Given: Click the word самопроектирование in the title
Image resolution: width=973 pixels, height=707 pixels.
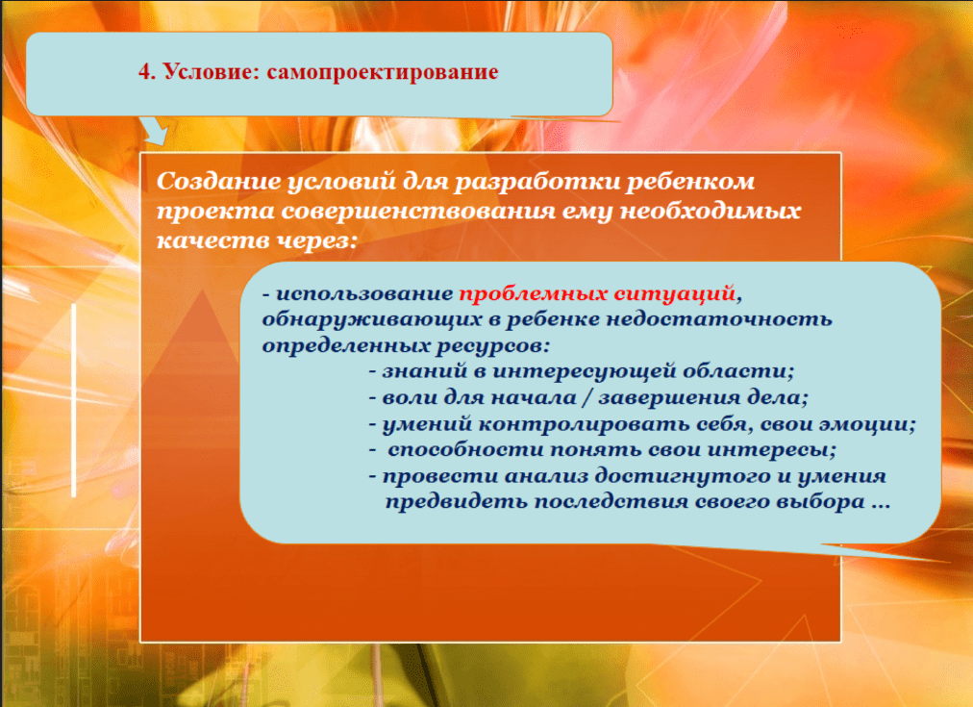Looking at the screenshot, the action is pos(383,72).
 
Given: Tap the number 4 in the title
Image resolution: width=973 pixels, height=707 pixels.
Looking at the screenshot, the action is pos(144,71).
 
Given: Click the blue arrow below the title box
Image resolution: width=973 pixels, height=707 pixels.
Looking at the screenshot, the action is pos(155,131).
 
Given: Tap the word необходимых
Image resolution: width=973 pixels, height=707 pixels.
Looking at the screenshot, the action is pos(711,211).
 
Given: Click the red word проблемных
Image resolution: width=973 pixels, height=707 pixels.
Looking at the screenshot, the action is pos(533,293).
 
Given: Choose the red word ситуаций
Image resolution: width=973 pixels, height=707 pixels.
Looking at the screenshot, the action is pos(674,293).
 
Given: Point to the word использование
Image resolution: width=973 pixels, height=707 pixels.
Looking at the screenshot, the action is pos(364,293).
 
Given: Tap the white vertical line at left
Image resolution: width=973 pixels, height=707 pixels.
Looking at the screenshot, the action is pos(73,400).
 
